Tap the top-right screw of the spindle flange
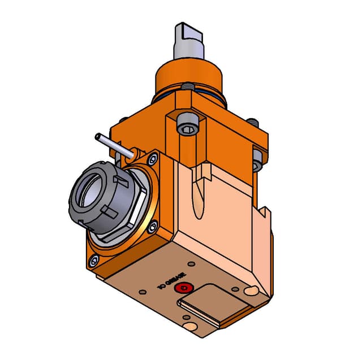pos(152,160)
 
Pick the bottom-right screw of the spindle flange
pos(153,227)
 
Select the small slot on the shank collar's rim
pos(186,86)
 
